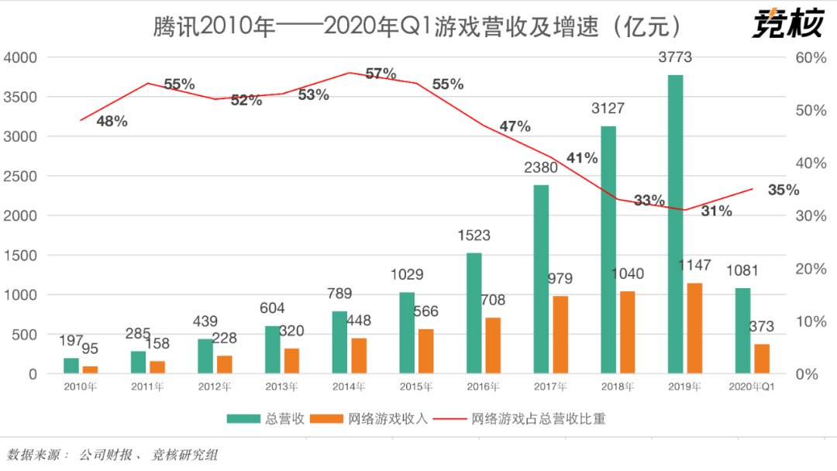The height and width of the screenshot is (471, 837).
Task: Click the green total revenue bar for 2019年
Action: (x=675, y=224)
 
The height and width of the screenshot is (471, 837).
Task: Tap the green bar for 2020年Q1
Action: (x=742, y=331)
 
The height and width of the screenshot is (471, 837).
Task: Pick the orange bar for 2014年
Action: (x=359, y=356)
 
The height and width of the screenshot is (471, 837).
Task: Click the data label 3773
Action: (x=674, y=57)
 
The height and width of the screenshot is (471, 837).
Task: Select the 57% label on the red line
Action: (x=381, y=74)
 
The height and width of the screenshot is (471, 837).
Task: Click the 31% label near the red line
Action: (x=716, y=210)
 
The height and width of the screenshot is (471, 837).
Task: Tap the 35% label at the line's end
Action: (x=784, y=189)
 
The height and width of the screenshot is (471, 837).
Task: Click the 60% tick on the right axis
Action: (x=811, y=57)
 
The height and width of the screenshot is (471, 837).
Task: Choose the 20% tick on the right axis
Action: (x=811, y=269)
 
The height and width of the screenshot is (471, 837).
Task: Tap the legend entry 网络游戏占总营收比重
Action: (x=535, y=418)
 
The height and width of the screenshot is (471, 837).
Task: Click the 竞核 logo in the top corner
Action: (x=786, y=24)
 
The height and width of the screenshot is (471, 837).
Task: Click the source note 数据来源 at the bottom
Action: (x=112, y=455)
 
